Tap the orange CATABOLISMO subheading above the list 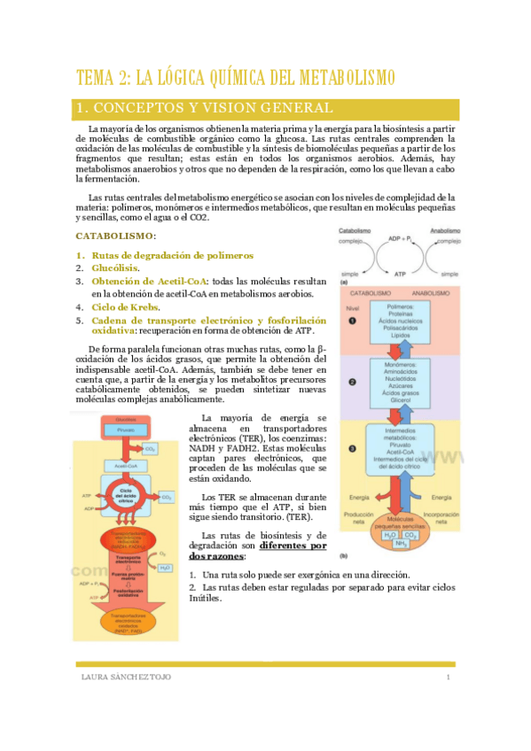[x=115, y=236]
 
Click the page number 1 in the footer [x=449, y=677]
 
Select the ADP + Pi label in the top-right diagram [x=402, y=239]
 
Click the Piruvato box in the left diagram [x=125, y=429]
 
